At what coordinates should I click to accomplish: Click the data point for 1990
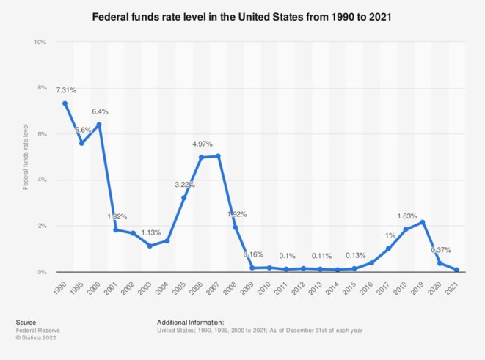(x=65, y=103)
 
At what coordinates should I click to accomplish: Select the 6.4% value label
(x=100, y=111)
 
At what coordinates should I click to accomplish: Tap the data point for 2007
(x=218, y=156)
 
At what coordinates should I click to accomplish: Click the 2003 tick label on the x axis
(x=147, y=287)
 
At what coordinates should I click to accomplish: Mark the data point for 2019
(x=423, y=222)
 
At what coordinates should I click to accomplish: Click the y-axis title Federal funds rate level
(x=26, y=157)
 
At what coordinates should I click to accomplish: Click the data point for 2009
(x=252, y=268)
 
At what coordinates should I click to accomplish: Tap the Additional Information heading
(x=190, y=322)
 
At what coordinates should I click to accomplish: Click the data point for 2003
(x=150, y=246)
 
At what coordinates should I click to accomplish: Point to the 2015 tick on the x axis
(x=351, y=287)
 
